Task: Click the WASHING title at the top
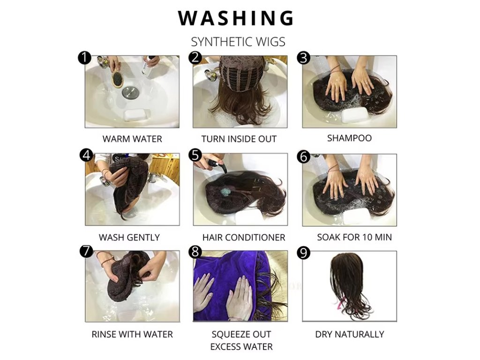(236, 18)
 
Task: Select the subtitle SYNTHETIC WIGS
(238, 42)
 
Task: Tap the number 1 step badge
(84, 58)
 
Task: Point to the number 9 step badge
(303, 253)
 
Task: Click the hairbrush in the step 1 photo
(117, 79)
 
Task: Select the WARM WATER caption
(132, 139)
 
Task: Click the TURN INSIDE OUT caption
(239, 139)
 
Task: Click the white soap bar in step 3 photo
(354, 115)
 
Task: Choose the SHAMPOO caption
(349, 138)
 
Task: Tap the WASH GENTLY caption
(129, 237)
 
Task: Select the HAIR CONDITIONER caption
(244, 237)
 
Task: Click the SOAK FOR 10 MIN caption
(354, 237)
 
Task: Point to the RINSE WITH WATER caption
(132, 334)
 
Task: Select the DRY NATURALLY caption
(349, 334)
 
